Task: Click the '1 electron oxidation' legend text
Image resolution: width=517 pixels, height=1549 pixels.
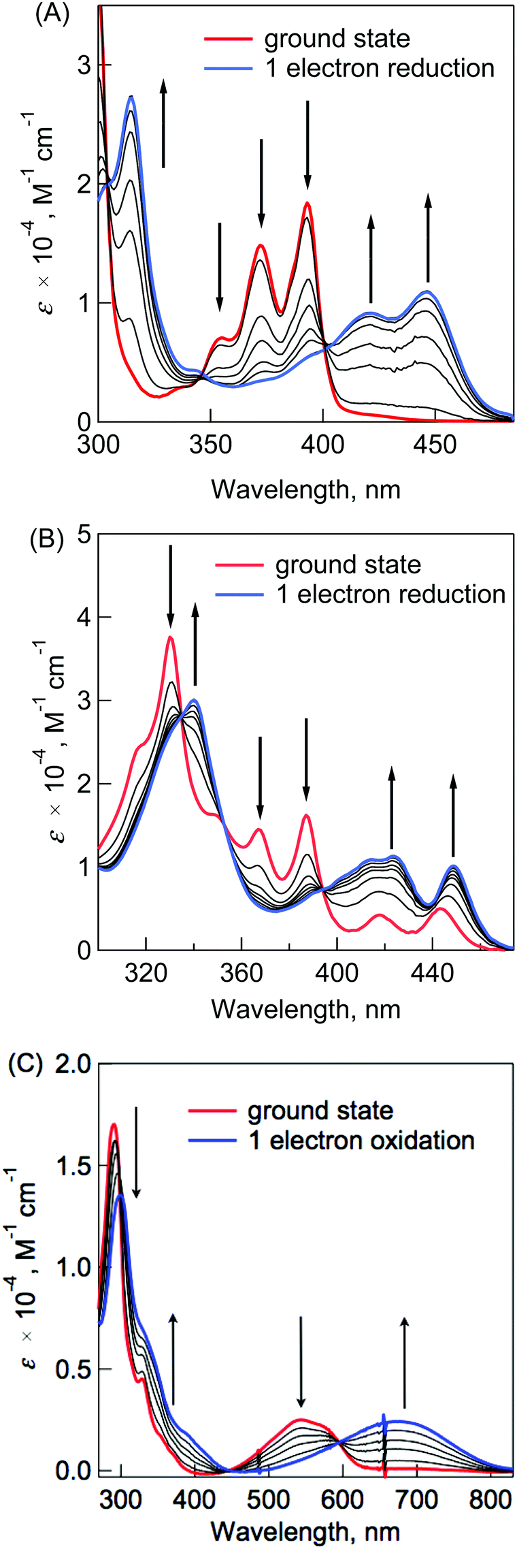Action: tap(361, 1140)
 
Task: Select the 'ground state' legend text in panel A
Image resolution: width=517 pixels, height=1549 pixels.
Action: tap(337, 39)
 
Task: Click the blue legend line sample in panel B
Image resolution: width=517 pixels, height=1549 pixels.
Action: tap(239, 594)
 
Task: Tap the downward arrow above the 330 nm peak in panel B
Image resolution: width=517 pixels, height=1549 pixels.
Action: tap(171, 586)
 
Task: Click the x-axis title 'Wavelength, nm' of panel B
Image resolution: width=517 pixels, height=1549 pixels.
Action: tap(305, 1008)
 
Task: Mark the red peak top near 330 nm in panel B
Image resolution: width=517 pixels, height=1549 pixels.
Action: tap(170, 637)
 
